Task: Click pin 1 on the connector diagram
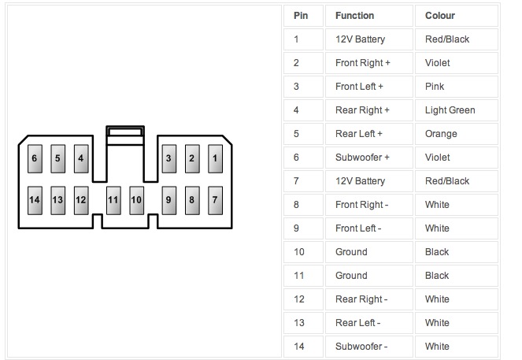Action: [214, 158]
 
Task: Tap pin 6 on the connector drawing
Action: [35, 158]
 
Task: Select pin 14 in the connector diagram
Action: [35, 200]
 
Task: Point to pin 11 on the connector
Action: [113, 200]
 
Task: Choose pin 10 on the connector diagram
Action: [136, 200]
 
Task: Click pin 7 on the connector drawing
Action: [214, 200]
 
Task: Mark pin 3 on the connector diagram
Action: [168, 158]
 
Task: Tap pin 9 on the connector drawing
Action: [168, 200]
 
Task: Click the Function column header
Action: [354, 16]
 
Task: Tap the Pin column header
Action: [301, 16]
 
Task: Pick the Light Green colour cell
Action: [450, 110]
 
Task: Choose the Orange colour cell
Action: [441, 134]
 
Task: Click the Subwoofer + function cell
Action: [363, 158]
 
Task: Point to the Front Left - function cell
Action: [359, 228]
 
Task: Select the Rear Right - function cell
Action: [361, 299]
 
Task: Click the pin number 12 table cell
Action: [298, 299]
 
